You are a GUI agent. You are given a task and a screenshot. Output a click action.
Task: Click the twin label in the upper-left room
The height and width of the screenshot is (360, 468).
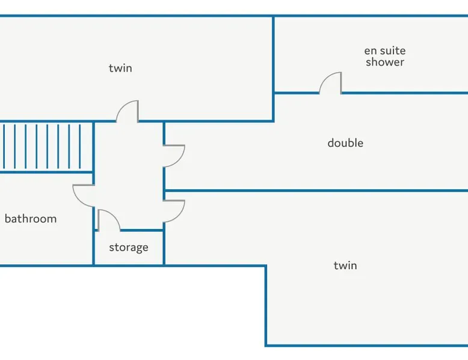(120, 68)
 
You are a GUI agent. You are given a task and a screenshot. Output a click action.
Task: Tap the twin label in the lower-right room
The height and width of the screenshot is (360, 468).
(345, 265)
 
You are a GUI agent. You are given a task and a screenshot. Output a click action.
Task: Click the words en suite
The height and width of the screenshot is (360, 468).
(385, 51)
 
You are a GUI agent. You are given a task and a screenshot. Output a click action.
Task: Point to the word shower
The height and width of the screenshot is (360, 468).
(385, 62)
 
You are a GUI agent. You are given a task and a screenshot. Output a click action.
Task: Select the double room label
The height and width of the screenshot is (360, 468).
(345, 143)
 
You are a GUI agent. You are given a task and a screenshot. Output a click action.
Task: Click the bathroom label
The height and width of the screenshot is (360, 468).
(31, 219)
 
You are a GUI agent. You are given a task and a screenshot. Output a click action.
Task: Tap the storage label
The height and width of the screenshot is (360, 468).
(128, 247)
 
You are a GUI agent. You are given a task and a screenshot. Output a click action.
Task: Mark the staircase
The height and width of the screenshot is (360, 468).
(46, 146)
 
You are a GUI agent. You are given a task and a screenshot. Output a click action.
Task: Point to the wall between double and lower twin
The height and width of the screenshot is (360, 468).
(313, 191)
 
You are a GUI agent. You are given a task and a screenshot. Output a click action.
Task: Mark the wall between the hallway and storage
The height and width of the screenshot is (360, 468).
(141, 230)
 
